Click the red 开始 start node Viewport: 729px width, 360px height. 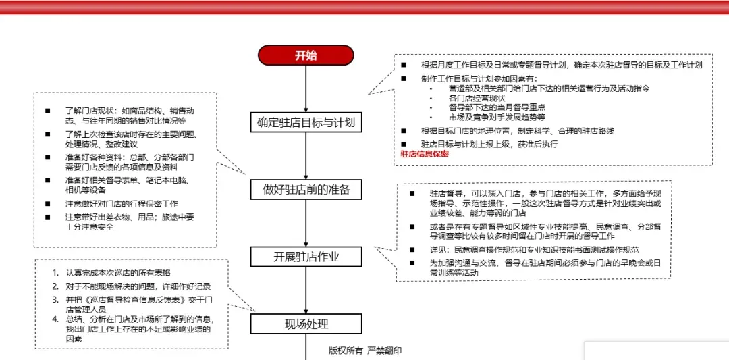coord(306,55)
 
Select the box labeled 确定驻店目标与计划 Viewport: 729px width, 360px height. coord(306,122)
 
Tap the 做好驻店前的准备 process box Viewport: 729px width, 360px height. coord(306,190)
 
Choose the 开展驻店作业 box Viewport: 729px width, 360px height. coord(306,257)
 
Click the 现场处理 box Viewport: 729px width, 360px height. coord(306,324)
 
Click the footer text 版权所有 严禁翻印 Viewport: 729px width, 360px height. coord(365,351)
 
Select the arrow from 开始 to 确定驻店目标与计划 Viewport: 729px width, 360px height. coord(306,88)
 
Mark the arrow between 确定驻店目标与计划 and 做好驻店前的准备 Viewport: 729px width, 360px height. coord(306,156)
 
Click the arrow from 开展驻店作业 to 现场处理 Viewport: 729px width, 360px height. coord(306,290)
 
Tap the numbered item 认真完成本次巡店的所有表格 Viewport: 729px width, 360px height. coord(118,273)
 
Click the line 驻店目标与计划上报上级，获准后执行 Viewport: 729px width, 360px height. coord(489,144)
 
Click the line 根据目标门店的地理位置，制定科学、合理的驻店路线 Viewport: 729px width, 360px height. coord(518,131)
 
